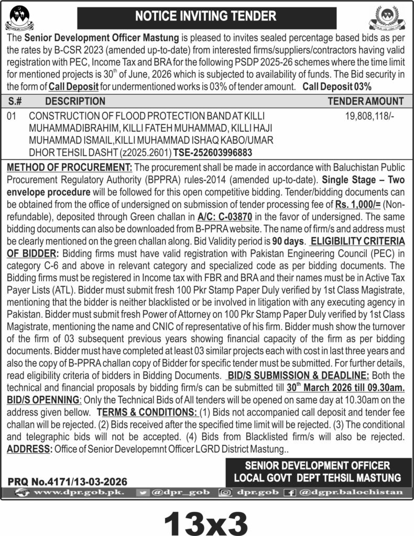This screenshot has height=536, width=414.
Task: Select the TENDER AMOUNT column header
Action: (x=366, y=101)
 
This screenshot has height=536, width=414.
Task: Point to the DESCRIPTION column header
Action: (x=75, y=101)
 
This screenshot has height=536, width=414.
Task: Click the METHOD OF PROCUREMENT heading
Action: (x=69, y=167)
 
